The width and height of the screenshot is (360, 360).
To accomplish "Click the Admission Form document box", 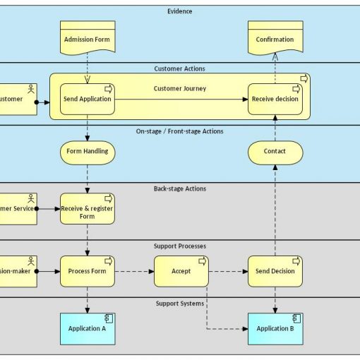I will [x=88, y=39].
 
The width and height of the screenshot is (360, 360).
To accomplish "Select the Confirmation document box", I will [x=275, y=39].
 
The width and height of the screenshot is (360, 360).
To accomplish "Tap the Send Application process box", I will [x=88, y=99].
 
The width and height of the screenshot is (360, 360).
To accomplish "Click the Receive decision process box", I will [x=275, y=99].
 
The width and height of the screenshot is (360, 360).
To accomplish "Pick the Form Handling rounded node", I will [x=88, y=151].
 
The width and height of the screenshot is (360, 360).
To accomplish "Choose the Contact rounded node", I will [x=275, y=151].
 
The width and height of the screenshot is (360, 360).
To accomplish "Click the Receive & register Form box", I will [x=88, y=208].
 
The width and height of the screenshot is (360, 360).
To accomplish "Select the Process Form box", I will [x=88, y=271].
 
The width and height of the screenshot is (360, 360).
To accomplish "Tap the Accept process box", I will [x=181, y=271].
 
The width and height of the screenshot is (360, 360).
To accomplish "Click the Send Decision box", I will [x=275, y=271].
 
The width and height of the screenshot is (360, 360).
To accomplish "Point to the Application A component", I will [x=88, y=328].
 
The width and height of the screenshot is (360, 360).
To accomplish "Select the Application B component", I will [x=275, y=328].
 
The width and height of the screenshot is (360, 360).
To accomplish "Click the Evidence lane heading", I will [x=180, y=11].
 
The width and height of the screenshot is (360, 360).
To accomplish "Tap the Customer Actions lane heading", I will [x=180, y=68].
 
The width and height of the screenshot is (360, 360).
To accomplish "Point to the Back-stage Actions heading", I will [x=180, y=188].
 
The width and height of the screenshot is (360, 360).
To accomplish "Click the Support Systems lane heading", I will [x=180, y=304].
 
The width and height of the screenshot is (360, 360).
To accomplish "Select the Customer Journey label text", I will [x=180, y=88].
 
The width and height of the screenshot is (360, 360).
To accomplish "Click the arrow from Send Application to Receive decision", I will [x=181, y=100].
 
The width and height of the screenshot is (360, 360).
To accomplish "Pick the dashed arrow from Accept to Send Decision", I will [x=228, y=271].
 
